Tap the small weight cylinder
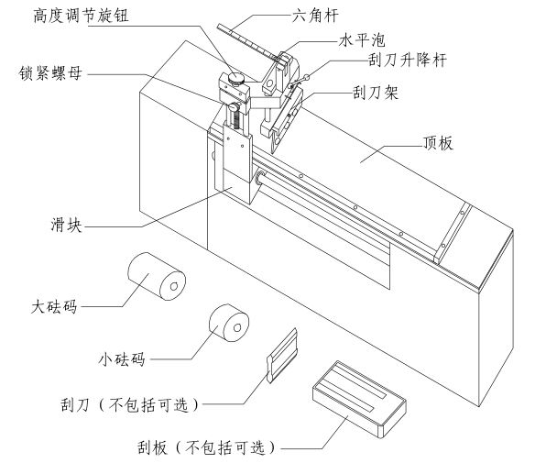point(228,325)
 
